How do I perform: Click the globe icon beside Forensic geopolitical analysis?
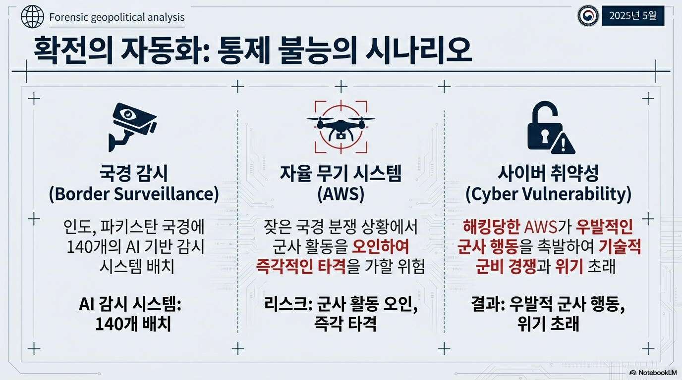point(32,18)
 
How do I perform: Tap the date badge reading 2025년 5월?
point(633,16)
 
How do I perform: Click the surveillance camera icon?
point(132,127)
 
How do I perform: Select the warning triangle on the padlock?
point(564,143)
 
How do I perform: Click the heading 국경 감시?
point(133,173)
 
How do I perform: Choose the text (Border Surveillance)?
point(134,194)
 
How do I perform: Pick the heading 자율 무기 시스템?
point(341,173)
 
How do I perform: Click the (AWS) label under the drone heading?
point(341,194)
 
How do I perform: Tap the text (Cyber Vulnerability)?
point(548,194)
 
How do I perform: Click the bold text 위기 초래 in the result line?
point(548,325)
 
